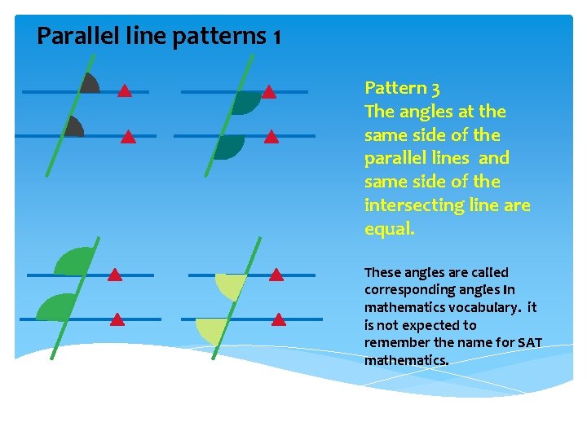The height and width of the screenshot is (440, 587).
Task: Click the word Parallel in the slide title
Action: pyautogui.click(x=72, y=37)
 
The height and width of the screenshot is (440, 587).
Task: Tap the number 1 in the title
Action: pyautogui.click(x=277, y=37)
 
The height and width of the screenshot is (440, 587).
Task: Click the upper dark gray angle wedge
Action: pyautogui.click(x=89, y=83)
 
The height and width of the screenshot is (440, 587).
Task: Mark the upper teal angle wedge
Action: pyautogui.click(x=245, y=102)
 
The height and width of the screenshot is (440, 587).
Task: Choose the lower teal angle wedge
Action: pyautogui.click(x=229, y=146)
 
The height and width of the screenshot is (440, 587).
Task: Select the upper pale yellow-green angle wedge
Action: pyautogui.click(x=230, y=286)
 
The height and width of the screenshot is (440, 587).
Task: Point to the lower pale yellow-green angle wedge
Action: pyautogui.click(x=210, y=330)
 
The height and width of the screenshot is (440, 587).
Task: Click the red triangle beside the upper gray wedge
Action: pyautogui.click(x=124, y=90)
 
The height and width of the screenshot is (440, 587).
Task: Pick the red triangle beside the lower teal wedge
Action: pyautogui.click(x=271, y=137)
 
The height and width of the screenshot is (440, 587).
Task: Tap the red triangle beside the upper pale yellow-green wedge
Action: pyautogui.click(x=276, y=275)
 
